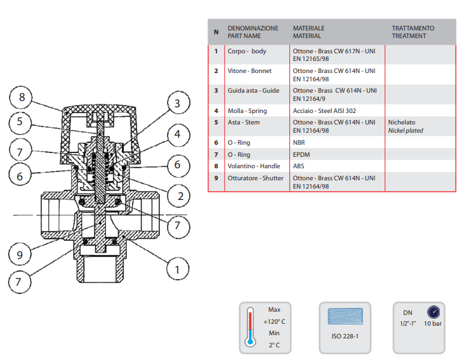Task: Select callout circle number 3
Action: point(178,103)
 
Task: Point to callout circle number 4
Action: point(178,135)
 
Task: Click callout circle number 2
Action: point(180,196)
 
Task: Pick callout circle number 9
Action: point(20,255)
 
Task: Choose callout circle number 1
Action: point(178,269)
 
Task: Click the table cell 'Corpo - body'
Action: point(247,51)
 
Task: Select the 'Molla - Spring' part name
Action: point(248,111)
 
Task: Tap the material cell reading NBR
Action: point(299,143)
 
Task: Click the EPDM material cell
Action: point(301,154)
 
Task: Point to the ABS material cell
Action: point(299,166)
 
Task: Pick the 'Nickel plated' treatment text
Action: point(405,131)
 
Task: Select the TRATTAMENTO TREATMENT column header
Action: point(413,32)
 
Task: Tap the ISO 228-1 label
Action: point(345,335)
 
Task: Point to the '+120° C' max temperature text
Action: point(274,322)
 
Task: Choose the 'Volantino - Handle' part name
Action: point(255,166)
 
